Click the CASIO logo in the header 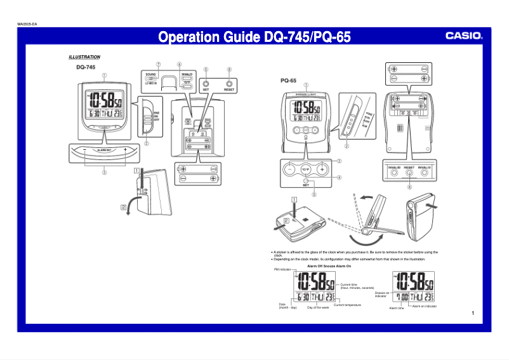coord(463,36)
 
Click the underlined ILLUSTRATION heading coord(84,57)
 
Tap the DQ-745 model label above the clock coord(86,67)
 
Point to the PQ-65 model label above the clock coord(289,81)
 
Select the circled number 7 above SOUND coord(158,64)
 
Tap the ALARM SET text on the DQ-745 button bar coord(105,150)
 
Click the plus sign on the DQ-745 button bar coord(126,150)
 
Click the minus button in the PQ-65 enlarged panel coord(289,170)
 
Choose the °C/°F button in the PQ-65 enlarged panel coord(305,170)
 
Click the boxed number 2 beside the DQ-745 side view coord(123,207)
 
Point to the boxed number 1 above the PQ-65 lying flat coord(294,199)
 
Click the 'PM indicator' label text coord(282,270)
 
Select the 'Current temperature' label coord(347,305)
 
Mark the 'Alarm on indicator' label coord(424,306)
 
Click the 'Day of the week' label coord(318,307)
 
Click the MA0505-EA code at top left coord(27,24)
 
